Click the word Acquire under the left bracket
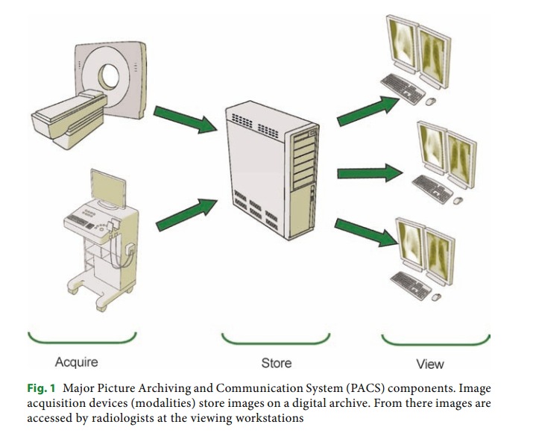click(x=77, y=362)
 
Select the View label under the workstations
click(x=429, y=364)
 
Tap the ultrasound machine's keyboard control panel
click(x=86, y=220)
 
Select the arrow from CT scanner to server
click(x=182, y=119)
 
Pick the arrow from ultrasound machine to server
click(x=182, y=213)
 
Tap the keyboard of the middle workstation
click(x=431, y=190)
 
